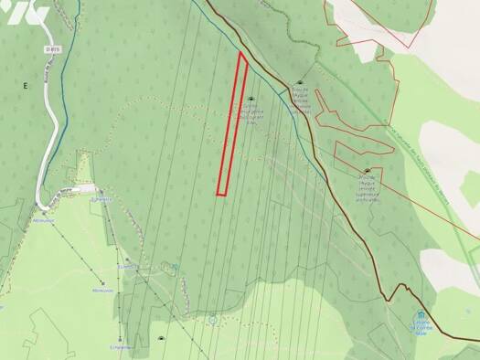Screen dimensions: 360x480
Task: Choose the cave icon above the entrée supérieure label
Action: click(x=368, y=171)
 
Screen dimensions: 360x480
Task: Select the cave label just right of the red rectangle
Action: click(x=251, y=115)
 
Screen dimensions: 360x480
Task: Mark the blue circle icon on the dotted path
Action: click(x=212, y=320)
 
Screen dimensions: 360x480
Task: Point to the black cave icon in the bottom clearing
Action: click(x=162, y=340)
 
